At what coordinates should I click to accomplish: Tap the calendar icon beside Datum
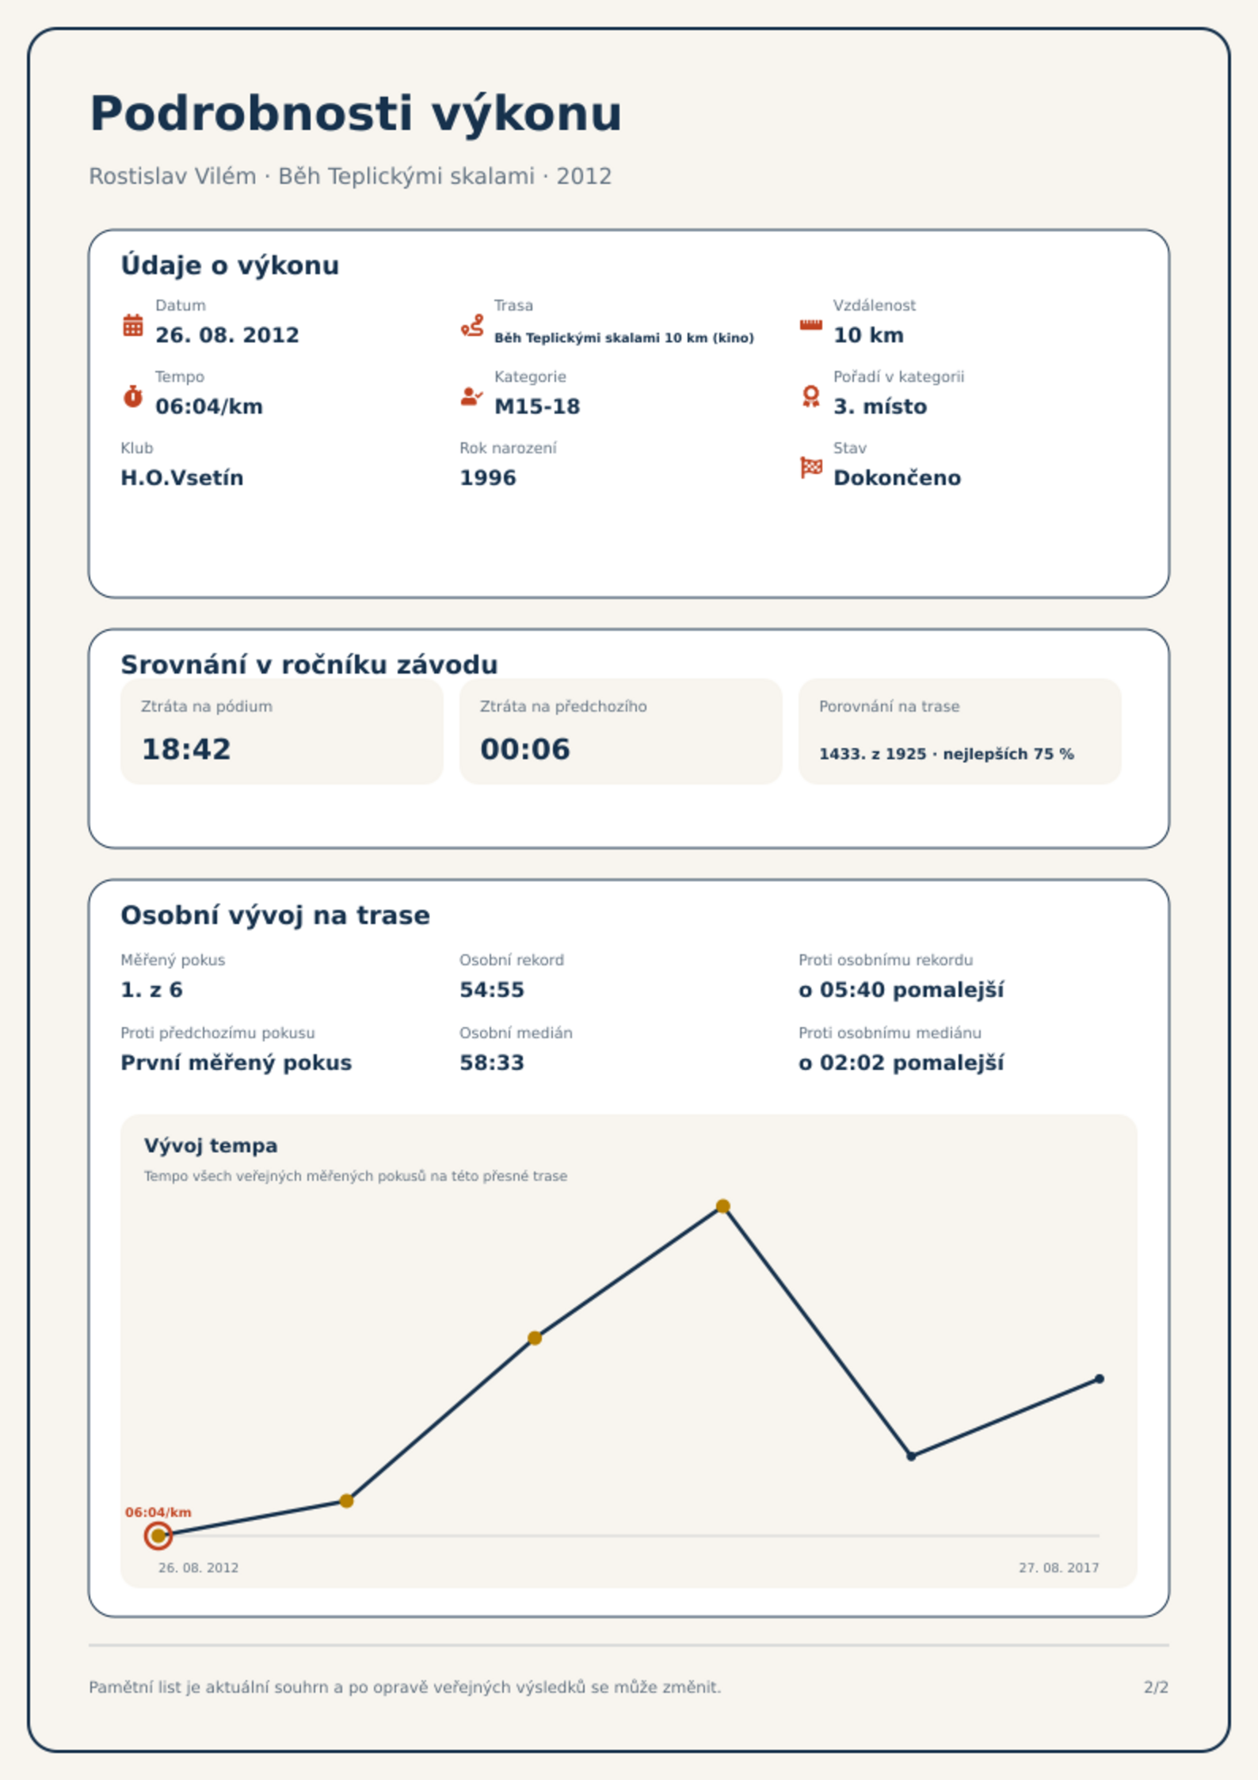[133, 325]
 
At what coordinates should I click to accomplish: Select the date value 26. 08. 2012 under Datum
[227, 335]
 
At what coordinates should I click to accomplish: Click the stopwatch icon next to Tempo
[133, 396]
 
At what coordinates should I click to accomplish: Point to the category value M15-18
[537, 407]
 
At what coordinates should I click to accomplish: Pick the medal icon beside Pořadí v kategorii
[810, 396]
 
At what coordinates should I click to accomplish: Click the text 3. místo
[880, 407]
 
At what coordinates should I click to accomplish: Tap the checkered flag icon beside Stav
[811, 468]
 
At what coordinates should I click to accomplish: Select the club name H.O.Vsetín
[182, 478]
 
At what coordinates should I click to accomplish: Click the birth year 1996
[488, 478]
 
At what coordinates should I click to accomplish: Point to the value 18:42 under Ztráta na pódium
[186, 749]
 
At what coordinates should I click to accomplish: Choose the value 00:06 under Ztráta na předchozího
[525, 749]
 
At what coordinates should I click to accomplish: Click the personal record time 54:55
[492, 990]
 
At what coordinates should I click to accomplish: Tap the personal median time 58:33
[492, 1063]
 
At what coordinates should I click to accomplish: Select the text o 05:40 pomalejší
[902, 990]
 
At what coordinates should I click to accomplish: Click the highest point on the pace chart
[722, 1206]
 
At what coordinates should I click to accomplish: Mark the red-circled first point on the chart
[158, 1535]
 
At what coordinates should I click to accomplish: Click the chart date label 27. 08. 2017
[1058, 1568]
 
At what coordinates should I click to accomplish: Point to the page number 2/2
[1156, 1687]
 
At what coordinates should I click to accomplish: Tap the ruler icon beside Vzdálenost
[810, 325]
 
